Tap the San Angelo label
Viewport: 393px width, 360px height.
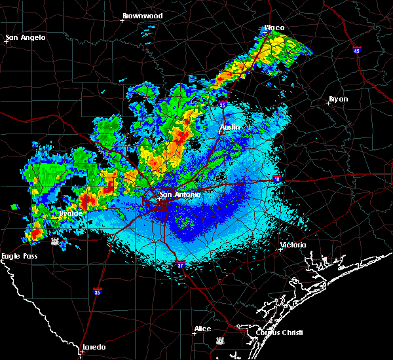(26, 37)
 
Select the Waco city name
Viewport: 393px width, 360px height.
(274, 28)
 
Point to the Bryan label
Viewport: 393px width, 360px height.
(339, 99)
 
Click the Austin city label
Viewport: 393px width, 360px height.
(230, 127)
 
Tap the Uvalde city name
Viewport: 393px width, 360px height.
(70, 213)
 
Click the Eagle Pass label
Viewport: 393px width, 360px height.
(19, 256)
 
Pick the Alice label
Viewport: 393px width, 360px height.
(202, 329)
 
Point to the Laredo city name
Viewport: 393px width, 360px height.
(94, 347)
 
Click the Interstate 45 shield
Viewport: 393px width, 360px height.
(357, 50)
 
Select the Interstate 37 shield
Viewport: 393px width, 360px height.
(180, 265)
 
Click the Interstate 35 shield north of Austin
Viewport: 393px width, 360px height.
(223, 104)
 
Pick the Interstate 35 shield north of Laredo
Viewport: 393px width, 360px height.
(97, 291)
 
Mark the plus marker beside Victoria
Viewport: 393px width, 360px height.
(280, 249)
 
